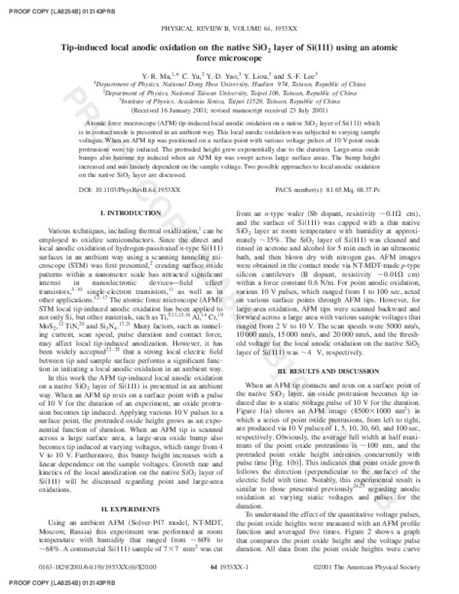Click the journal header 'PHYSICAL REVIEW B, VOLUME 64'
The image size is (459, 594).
(229, 27)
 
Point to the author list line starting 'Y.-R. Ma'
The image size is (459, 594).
(229, 77)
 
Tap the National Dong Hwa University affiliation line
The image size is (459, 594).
(229, 86)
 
